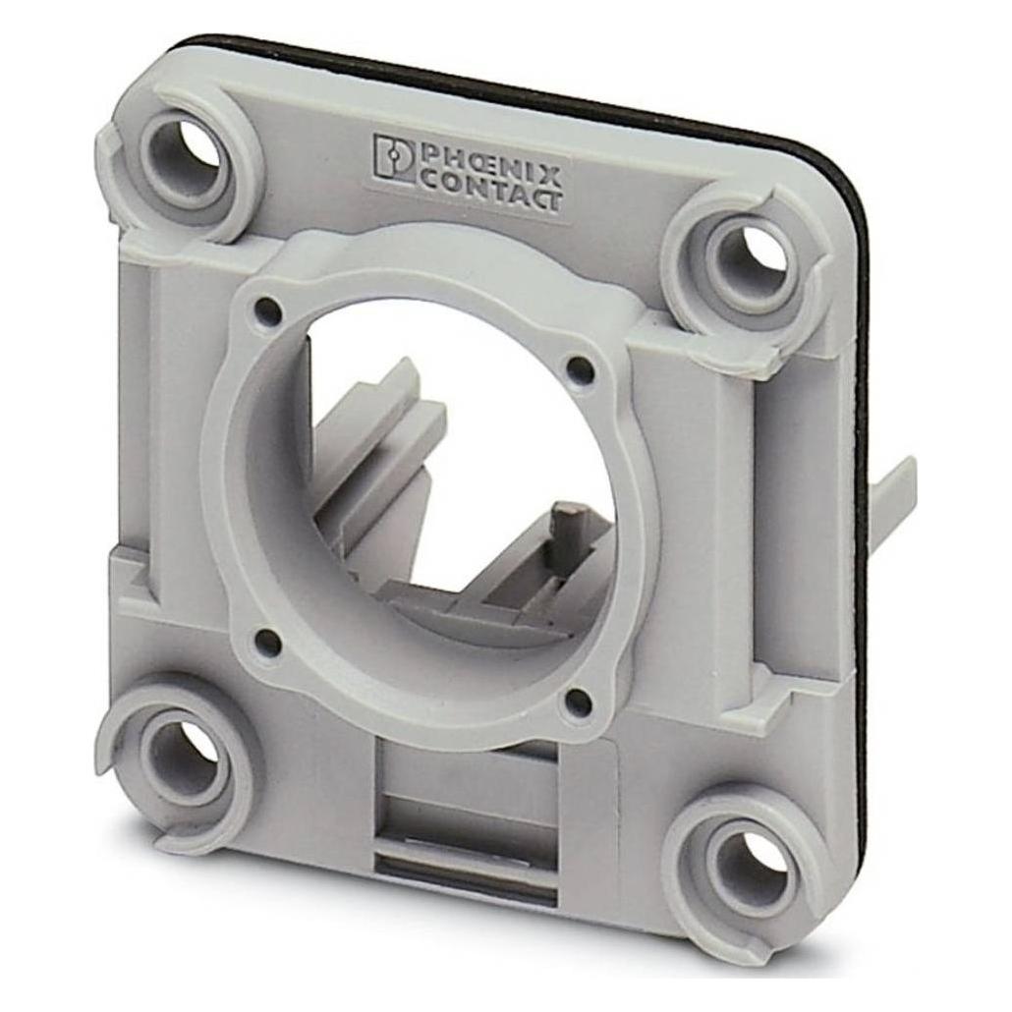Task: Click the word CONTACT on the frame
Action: click(490, 191)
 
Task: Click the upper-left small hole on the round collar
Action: click(268, 312)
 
